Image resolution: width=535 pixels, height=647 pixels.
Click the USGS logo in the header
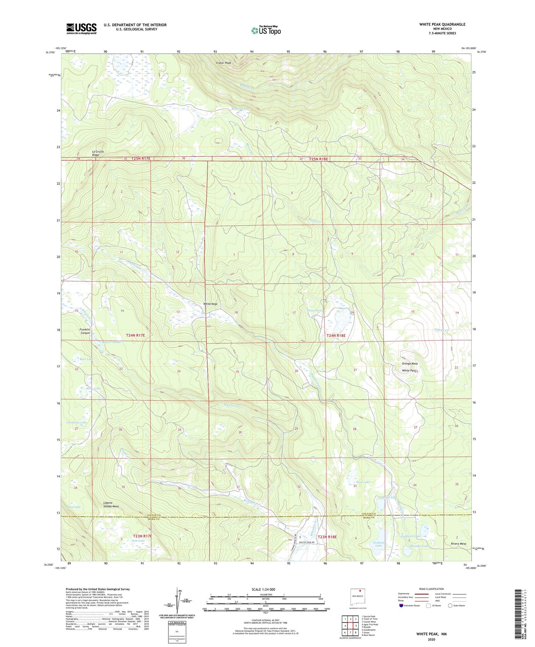[x=81, y=28]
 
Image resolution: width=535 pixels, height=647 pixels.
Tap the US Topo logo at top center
[x=266, y=30]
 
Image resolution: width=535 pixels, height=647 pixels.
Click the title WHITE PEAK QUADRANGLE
[x=442, y=24]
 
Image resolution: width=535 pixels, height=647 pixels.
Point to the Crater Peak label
[x=223, y=63]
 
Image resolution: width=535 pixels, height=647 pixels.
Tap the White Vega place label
[x=210, y=304]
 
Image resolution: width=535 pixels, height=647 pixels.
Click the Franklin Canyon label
[x=85, y=331]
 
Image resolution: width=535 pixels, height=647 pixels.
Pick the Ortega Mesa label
[x=409, y=364]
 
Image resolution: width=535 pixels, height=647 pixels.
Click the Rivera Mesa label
[x=458, y=544]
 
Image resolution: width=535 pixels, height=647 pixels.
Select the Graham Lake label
[x=378, y=544]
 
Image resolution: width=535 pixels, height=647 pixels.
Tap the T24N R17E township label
[x=135, y=335]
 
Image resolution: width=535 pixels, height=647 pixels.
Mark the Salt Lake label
[x=138, y=541]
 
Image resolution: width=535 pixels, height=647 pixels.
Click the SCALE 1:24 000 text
[x=263, y=590]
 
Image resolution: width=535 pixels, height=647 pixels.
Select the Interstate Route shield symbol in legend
[x=401, y=605]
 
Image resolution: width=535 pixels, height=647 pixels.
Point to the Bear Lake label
[x=87, y=359]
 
